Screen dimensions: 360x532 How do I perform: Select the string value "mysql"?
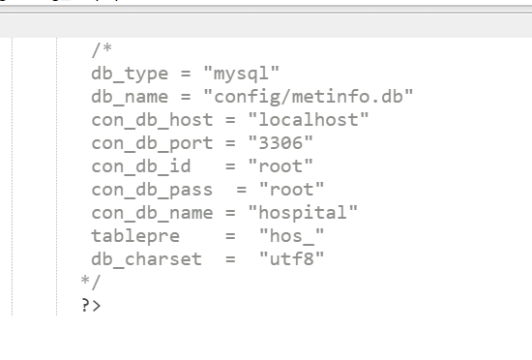[241, 73]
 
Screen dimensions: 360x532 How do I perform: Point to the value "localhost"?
[309, 119]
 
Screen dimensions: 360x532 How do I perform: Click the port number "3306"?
[281, 142]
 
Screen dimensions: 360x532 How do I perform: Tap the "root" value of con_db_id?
[281, 165]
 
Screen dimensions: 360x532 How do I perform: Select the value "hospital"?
[303, 212]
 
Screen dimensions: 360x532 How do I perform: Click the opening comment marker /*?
[102, 49]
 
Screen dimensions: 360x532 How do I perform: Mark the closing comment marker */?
[91, 282]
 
